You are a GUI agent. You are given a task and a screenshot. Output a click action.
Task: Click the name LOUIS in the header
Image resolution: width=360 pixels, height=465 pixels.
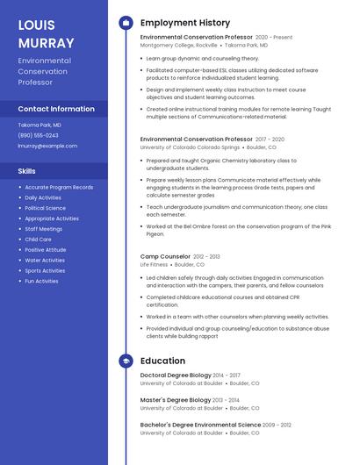[36, 25]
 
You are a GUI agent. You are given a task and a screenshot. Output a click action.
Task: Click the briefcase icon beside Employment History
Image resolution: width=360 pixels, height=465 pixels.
[125, 23]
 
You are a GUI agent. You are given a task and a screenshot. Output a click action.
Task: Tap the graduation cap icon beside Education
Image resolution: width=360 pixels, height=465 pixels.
[125, 361]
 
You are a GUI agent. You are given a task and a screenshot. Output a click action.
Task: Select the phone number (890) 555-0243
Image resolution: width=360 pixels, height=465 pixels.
[39, 135]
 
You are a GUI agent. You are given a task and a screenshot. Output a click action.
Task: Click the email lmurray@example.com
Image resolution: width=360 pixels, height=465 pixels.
[47, 146]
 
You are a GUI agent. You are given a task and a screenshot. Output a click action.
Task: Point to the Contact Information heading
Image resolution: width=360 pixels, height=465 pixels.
[56, 109]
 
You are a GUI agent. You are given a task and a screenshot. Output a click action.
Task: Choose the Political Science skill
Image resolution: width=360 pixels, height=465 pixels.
[45, 208]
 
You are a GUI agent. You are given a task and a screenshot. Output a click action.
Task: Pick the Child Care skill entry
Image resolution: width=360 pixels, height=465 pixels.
[38, 240]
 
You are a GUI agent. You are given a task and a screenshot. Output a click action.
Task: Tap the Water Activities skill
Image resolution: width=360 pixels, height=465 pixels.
[45, 260]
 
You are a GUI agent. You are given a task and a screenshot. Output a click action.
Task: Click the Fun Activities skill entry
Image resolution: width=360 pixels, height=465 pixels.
[41, 281]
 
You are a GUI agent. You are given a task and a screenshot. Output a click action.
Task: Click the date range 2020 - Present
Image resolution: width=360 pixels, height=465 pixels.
[274, 38]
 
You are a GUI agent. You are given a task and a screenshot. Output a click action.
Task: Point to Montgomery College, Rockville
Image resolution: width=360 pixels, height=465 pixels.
[179, 45]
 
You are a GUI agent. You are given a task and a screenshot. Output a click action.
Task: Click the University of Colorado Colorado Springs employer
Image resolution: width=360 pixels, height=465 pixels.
[190, 147]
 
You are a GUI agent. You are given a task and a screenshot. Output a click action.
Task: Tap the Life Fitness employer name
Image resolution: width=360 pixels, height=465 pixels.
[154, 264]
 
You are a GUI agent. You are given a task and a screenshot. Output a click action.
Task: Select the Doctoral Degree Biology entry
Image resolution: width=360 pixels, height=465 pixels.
[175, 376]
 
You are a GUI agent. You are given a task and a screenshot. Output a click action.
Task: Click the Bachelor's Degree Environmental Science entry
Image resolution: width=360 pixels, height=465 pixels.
[199, 425]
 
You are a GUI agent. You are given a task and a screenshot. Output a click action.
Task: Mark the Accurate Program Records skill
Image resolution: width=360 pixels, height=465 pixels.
[59, 187]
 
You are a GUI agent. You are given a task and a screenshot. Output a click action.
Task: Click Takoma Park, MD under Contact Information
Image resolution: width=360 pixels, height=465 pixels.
[40, 125]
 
